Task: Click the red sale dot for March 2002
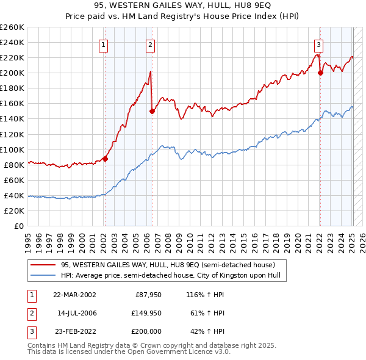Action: tap(105, 159)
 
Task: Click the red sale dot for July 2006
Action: tap(152, 111)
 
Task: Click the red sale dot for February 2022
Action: tap(320, 73)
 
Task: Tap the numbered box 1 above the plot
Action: tap(104, 44)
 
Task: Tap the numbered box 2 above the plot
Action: tap(150, 44)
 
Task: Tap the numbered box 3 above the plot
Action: tap(318, 44)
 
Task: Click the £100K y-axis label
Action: tap(13, 149)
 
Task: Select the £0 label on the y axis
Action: tap(19, 226)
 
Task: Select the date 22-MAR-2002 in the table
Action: tap(74, 295)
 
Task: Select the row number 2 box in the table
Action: tap(30, 313)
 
